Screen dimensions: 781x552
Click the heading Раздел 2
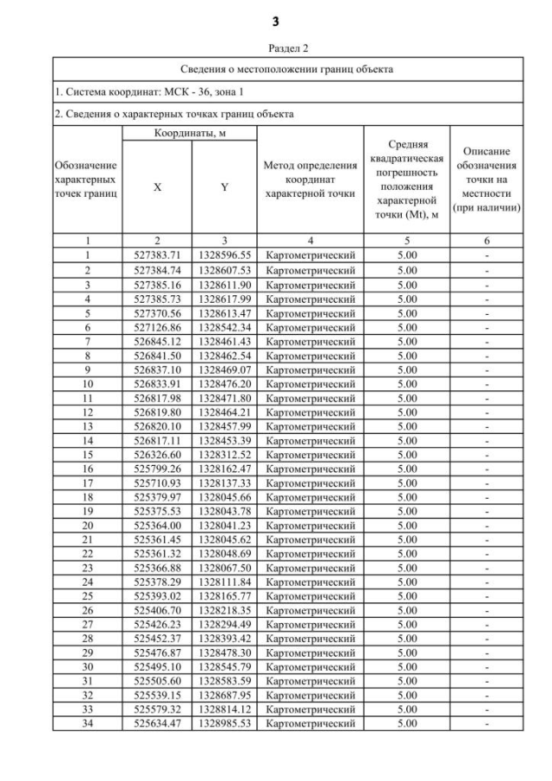[x=276, y=48]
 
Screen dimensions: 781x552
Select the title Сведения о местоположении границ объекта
[x=288, y=68]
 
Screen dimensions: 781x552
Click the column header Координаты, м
[x=190, y=133]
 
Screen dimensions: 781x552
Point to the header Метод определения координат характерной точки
[x=310, y=179]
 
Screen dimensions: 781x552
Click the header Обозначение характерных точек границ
[x=86, y=179]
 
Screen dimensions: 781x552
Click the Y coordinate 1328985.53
[x=224, y=723]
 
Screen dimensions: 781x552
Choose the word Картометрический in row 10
[x=310, y=383]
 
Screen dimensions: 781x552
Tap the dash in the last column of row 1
[x=487, y=255]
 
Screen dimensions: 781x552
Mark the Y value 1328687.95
[x=224, y=695]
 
